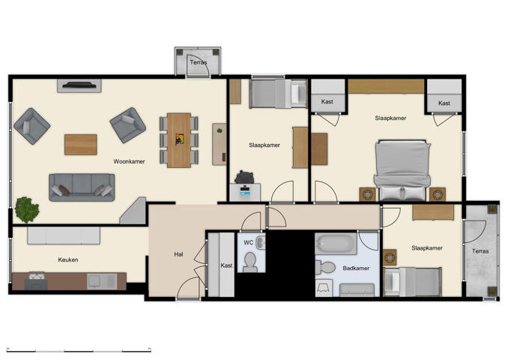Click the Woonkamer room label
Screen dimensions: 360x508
click(129, 161)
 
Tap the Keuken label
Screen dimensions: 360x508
click(68, 260)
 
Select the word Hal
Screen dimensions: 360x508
click(178, 254)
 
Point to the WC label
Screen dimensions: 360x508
click(248, 242)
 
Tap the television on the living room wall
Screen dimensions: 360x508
click(80, 85)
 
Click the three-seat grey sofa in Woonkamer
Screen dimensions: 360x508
click(82, 187)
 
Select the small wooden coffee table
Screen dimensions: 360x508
click(80, 144)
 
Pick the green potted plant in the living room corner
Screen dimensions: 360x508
click(27, 208)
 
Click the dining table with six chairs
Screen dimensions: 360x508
click(179, 139)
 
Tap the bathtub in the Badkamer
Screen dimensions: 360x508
click(336, 244)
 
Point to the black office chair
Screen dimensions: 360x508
click(244, 177)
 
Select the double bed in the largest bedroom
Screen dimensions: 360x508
click(402, 167)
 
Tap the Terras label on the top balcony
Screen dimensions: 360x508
click(199, 63)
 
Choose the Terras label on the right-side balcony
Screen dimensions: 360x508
click(480, 251)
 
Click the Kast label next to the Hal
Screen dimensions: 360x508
click(226, 265)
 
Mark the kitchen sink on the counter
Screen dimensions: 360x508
click(97, 280)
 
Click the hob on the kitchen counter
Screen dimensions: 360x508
click(35, 281)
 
